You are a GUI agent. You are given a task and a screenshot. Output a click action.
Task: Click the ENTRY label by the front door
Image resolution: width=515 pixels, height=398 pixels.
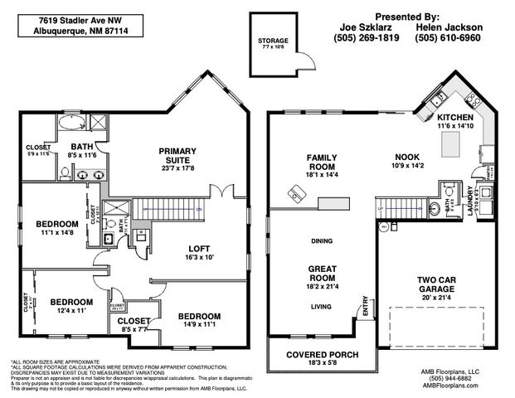click(x=362, y=305)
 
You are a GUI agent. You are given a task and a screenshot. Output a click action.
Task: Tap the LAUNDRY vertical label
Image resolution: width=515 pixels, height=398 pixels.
click(x=469, y=201)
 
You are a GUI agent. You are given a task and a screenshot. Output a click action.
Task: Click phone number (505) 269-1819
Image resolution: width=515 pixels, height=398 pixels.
click(x=367, y=37)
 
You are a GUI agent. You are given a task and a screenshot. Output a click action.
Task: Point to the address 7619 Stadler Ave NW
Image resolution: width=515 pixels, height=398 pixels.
click(x=66, y=18)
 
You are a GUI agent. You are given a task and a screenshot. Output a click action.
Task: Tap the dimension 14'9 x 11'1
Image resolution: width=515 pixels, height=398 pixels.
click(x=198, y=326)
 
